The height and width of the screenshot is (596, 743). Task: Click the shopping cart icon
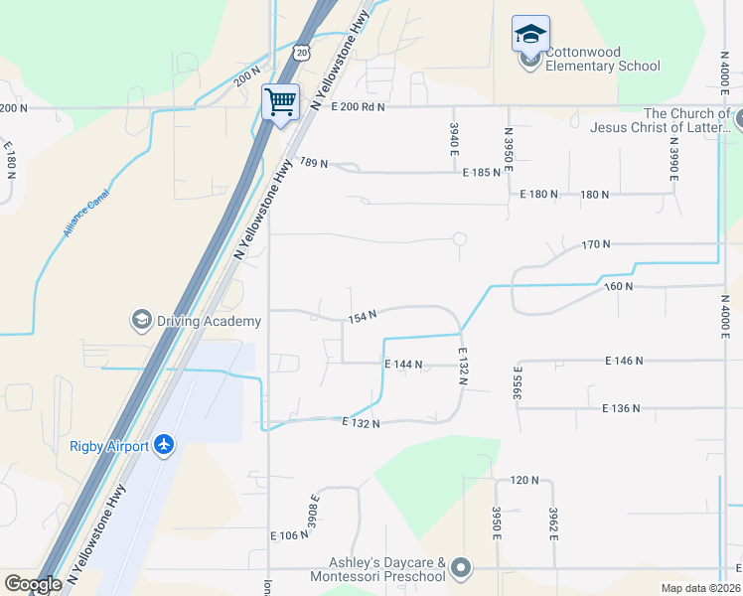pos(281,100)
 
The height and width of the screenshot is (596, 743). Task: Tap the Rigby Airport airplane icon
pos(164,445)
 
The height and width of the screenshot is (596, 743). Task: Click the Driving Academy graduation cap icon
pos(140,320)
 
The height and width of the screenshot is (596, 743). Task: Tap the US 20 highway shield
pos(302,51)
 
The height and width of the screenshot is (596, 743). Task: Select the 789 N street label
pos(313,163)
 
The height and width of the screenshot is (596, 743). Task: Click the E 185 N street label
pos(482,173)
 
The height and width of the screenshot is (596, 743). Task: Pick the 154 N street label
pos(362,317)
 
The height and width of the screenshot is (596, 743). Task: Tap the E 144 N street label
pos(404,365)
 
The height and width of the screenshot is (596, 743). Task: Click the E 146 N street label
pos(624,361)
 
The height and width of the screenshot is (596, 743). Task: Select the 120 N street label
pos(524,480)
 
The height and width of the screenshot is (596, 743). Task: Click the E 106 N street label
pos(290,535)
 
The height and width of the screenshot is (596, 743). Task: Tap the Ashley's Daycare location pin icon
pos(460,569)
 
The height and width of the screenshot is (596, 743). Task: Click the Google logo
pos(33,584)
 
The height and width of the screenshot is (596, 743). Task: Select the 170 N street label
pos(595,243)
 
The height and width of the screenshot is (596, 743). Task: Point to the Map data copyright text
pos(700,588)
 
